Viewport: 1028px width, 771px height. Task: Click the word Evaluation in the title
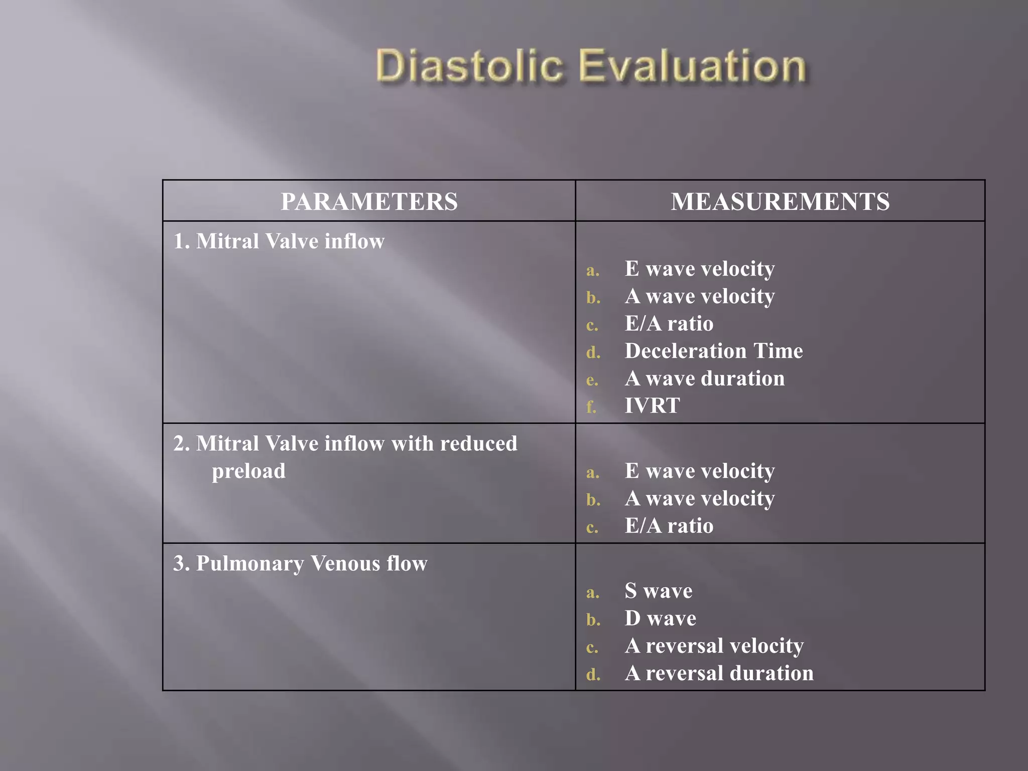tap(693, 66)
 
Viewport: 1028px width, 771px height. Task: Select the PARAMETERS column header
tap(369, 201)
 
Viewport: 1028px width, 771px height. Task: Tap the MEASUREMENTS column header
tap(780, 201)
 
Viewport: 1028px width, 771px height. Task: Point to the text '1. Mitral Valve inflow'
tap(279, 241)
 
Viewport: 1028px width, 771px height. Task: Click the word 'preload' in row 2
tap(248, 471)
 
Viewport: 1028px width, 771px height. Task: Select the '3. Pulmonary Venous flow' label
tap(300, 563)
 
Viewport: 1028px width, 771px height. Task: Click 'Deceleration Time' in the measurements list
tap(713, 351)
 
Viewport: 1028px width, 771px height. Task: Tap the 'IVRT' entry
tap(652, 406)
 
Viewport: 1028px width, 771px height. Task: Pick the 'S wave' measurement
tap(658, 591)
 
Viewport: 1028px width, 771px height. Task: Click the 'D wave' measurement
tap(660, 618)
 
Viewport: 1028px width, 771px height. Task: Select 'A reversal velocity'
tap(714, 646)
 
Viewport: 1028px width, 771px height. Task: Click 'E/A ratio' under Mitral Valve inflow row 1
tap(669, 324)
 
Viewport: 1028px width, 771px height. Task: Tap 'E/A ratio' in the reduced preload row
tap(669, 526)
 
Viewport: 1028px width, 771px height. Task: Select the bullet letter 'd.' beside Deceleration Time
tap(593, 352)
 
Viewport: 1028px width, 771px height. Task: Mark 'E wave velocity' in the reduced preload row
tap(699, 471)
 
